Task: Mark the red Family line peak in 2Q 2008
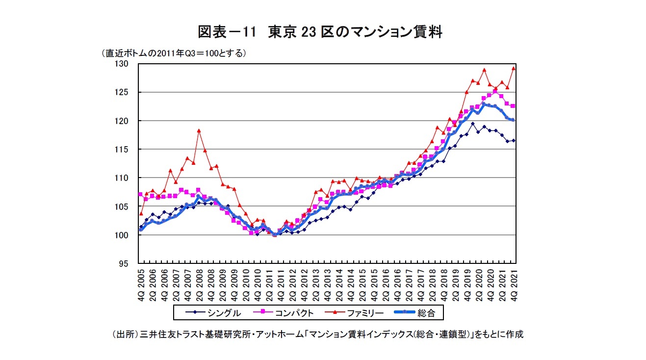point(199,130)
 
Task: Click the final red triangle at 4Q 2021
point(514,68)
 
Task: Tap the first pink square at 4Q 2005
point(141,194)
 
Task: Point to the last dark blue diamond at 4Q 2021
point(514,141)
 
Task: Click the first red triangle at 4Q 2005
point(141,213)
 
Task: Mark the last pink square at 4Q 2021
point(514,106)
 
